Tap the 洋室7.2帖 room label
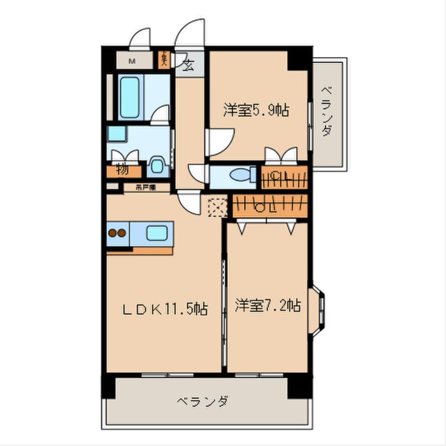(268, 305)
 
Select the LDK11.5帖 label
(164, 309)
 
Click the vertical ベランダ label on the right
(327, 111)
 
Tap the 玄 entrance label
(188, 65)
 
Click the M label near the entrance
(132, 61)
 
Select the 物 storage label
(122, 170)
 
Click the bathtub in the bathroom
(130, 98)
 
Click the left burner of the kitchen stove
(112, 232)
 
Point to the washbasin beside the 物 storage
(156, 166)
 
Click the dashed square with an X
(217, 206)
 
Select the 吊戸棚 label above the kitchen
(144, 187)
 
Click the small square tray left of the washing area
(116, 133)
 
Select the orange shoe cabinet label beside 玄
(164, 58)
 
